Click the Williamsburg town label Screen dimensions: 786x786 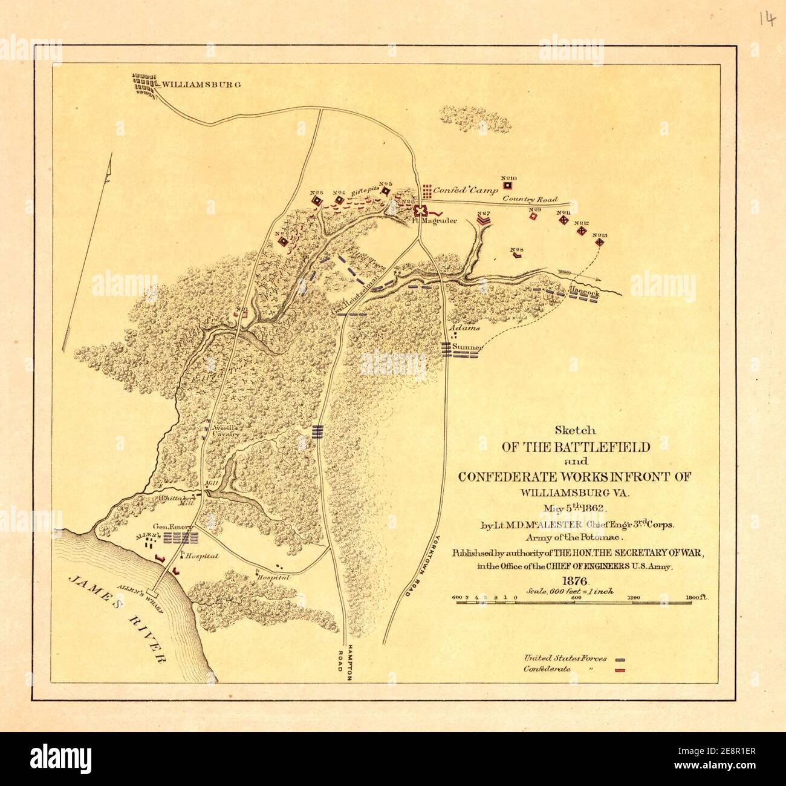tap(199, 84)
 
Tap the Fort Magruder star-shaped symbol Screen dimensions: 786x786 tap(421, 209)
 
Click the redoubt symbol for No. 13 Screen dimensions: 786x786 tap(600, 242)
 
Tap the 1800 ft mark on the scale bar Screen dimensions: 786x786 tap(697, 598)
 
